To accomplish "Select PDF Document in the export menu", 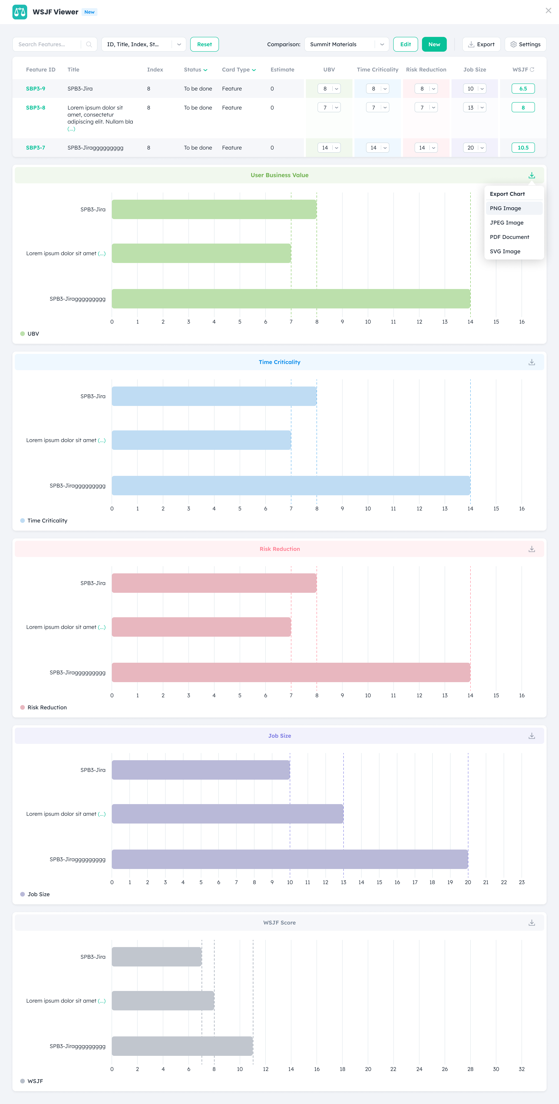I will point(509,237).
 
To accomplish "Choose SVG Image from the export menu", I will point(505,252).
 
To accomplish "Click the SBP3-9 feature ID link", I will point(36,89).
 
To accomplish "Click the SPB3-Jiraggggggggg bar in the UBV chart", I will point(291,299).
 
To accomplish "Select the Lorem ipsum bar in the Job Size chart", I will point(227,814).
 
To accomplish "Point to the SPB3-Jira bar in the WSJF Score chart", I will point(156,957).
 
